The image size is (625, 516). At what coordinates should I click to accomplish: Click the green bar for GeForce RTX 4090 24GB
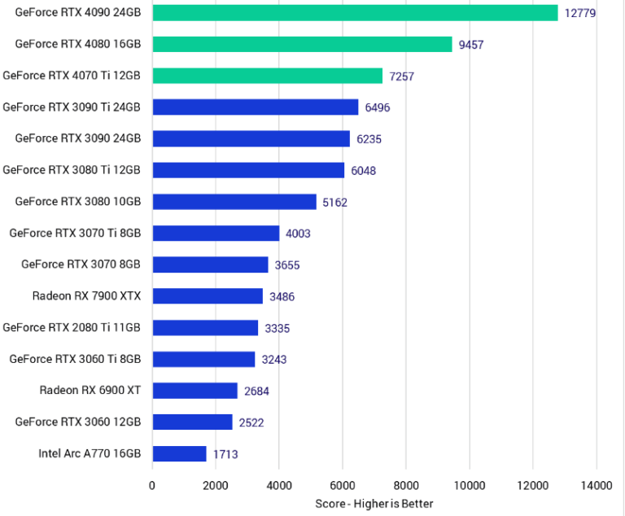click(x=355, y=13)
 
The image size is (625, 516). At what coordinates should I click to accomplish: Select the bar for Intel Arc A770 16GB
click(x=179, y=454)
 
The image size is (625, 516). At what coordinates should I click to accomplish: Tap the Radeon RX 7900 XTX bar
click(x=208, y=296)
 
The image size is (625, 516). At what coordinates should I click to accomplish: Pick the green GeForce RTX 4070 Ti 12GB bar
click(x=267, y=76)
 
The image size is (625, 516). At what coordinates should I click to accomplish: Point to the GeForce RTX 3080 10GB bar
click(x=234, y=202)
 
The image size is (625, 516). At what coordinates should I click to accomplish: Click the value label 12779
click(x=581, y=13)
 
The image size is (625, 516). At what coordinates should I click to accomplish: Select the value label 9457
click(x=471, y=45)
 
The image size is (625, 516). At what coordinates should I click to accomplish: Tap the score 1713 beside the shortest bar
click(x=225, y=454)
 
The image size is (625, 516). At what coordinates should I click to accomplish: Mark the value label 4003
click(x=299, y=234)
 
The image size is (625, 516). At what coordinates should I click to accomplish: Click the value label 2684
click(x=256, y=391)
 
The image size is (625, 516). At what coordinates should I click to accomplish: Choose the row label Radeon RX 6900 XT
click(x=90, y=391)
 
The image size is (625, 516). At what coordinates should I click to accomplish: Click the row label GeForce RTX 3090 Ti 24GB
click(x=72, y=107)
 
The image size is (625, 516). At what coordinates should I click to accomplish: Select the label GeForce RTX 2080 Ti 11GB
click(x=72, y=328)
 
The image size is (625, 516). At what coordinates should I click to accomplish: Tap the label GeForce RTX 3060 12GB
click(x=78, y=422)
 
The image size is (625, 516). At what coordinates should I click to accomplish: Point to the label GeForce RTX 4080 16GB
click(x=78, y=44)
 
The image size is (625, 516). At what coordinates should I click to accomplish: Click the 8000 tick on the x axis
click(x=406, y=486)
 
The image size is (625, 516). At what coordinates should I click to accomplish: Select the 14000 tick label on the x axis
click(x=597, y=486)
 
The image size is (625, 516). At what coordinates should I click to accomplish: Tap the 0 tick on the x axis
click(x=152, y=486)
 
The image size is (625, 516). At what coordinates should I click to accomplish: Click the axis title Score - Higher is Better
click(x=374, y=504)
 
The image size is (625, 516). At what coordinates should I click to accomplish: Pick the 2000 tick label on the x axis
click(x=216, y=486)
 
